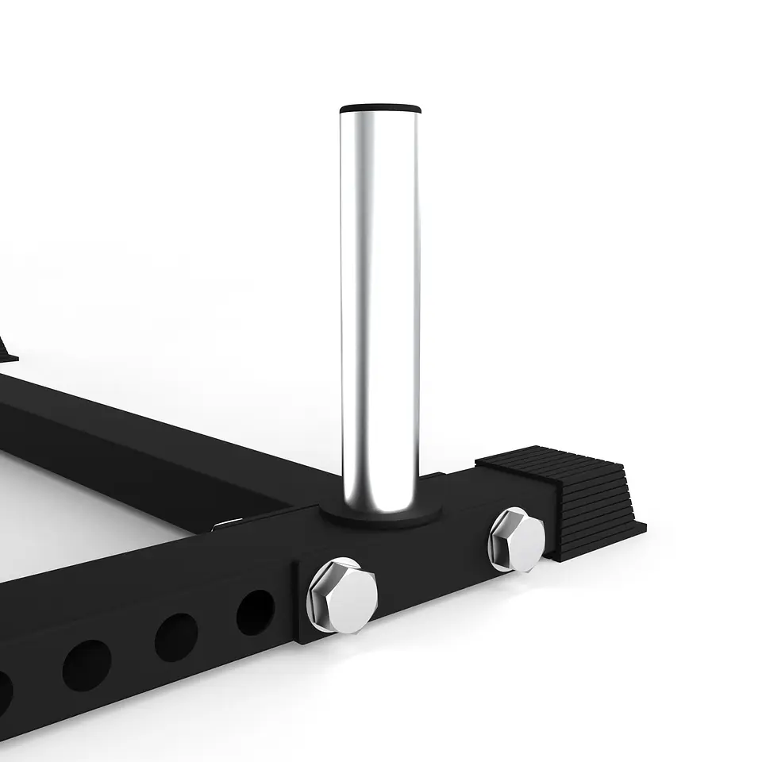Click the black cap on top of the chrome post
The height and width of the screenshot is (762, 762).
click(x=380, y=108)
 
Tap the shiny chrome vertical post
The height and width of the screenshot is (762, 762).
click(x=379, y=302)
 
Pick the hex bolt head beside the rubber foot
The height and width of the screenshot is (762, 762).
click(x=517, y=540)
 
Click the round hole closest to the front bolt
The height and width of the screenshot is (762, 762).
click(x=256, y=612)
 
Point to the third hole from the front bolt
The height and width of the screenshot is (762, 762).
click(x=87, y=664)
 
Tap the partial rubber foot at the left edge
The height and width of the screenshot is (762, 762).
click(x=6, y=349)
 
